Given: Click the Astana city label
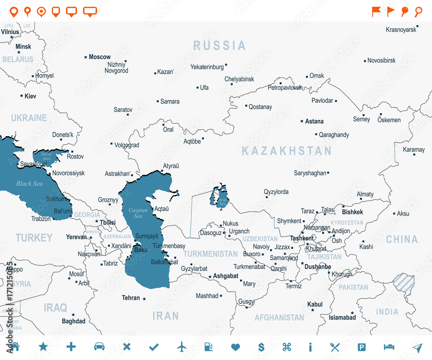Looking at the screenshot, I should tap(314, 121).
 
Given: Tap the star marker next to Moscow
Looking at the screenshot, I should tap(86, 57).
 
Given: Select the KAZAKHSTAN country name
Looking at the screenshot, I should tap(286, 151).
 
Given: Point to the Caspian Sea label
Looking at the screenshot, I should tap(138, 213).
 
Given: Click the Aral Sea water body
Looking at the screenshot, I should tap(219, 197).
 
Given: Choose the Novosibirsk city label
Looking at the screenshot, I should tap(381, 61).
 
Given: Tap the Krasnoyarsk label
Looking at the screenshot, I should tap(401, 30).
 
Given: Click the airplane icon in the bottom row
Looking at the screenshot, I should tap(182, 347).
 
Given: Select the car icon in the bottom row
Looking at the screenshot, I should tap(99, 347).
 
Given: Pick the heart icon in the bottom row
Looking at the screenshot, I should tap(235, 347).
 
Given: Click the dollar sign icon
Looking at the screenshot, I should tap(261, 347).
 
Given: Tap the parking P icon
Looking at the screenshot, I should tap(362, 347).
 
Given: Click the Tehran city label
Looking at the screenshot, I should tap(131, 298).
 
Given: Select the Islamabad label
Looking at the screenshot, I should tap(342, 318).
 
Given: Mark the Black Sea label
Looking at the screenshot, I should tap(30, 184).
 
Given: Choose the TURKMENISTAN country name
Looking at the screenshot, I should tap(210, 254).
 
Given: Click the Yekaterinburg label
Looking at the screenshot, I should tap(207, 67).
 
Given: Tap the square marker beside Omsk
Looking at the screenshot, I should tap(307, 76).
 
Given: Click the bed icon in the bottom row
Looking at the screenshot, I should tap(389, 347).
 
